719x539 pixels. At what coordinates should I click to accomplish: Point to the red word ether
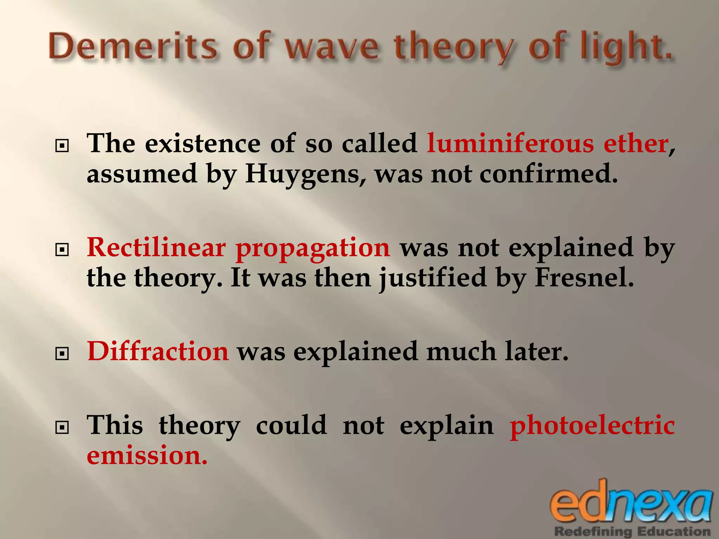(x=635, y=144)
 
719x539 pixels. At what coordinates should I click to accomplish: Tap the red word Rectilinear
(x=156, y=247)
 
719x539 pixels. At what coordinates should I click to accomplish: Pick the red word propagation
(x=312, y=249)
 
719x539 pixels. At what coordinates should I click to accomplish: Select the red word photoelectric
(x=592, y=426)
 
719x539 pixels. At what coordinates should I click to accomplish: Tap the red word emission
(x=147, y=456)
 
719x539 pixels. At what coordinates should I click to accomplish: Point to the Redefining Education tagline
(x=632, y=531)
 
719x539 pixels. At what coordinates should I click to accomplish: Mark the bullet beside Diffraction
(x=62, y=354)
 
